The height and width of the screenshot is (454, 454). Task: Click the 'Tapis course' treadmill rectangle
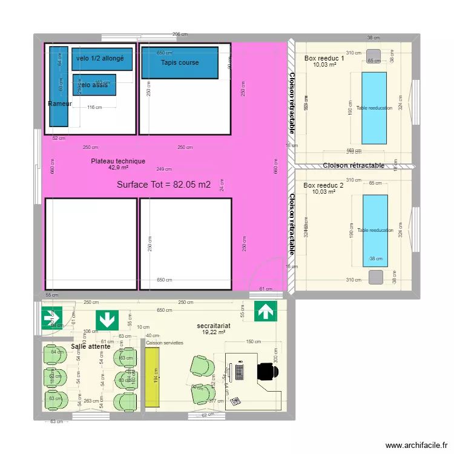coord(179,62)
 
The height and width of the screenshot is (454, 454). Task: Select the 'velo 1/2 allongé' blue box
coord(102,59)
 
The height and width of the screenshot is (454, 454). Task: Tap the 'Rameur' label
coord(60,104)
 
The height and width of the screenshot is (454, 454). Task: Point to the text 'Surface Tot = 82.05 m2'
coord(163,185)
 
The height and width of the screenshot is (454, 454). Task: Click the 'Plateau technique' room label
coord(118,161)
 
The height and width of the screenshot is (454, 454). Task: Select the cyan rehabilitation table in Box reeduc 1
coord(373,107)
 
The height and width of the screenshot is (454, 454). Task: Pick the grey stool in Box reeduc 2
coord(376,277)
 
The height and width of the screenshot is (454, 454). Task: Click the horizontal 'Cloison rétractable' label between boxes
coord(354,165)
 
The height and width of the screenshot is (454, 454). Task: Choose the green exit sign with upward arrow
coord(265,311)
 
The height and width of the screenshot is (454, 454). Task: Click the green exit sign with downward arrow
coord(107,320)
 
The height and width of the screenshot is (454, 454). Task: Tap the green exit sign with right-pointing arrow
coord(48,316)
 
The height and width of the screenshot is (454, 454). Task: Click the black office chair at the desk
coord(266,370)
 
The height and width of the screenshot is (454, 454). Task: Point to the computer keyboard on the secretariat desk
coord(240,371)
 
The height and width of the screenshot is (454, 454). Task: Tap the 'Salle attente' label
coord(90,346)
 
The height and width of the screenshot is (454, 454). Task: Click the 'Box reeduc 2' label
coord(323,185)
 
